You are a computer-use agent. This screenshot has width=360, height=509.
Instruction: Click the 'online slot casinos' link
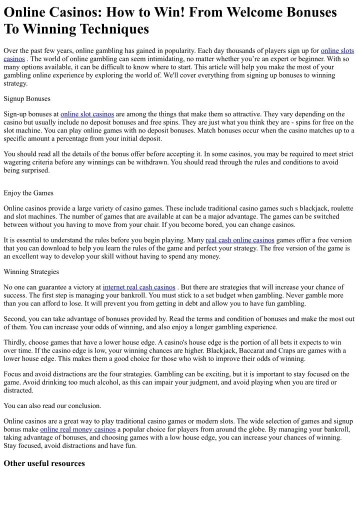pos(87,114)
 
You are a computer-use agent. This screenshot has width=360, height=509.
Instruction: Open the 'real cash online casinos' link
pos(240,240)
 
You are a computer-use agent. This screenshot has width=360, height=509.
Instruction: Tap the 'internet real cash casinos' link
pos(139,287)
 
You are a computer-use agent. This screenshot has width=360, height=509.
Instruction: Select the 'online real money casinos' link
pos(78,429)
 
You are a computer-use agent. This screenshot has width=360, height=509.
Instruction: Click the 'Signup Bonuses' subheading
pos(27,98)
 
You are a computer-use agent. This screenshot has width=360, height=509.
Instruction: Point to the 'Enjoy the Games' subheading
pos(28,193)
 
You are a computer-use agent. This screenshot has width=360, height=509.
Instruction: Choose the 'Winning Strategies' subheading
pos(31,271)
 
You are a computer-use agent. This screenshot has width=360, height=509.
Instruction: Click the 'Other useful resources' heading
pos(44,463)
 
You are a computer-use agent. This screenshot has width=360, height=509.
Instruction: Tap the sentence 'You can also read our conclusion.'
pos(52,405)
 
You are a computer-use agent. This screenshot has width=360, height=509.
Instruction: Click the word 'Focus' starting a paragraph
pos(13,374)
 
